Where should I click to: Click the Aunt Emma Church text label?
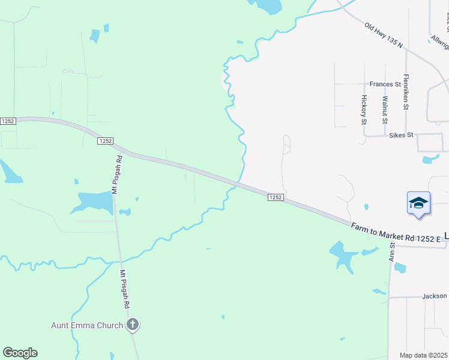[x=86, y=326]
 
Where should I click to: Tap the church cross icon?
[x=133, y=325]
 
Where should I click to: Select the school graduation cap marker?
[x=418, y=203]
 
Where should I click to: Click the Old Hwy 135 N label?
[x=383, y=35]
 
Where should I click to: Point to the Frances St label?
[x=385, y=85]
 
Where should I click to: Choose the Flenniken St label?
[x=406, y=92]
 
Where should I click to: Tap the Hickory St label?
[x=364, y=109]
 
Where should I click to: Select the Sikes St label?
[x=401, y=135]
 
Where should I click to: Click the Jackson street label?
[x=434, y=296]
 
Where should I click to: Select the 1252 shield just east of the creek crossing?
[x=275, y=197]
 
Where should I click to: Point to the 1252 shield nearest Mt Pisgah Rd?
[x=105, y=140]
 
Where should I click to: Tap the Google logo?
[x=20, y=353]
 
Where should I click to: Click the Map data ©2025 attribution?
[x=423, y=355]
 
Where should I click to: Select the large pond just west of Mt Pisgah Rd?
[x=94, y=202]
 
